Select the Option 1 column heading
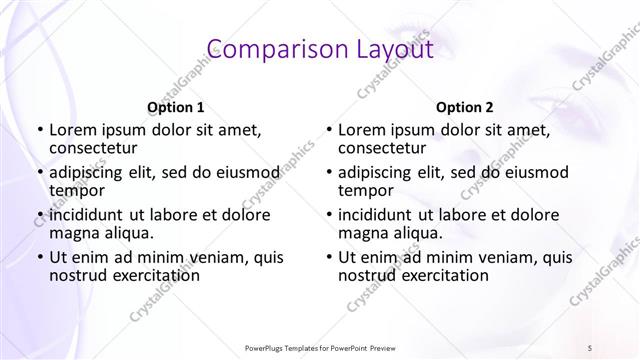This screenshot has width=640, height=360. tap(175, 107)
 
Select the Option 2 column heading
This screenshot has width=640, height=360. tap(464, 107)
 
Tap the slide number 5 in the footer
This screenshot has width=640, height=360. tap(590, 346)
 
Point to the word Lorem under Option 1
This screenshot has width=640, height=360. tap(73, 129)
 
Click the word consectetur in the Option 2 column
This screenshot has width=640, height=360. tap(385, 148)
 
